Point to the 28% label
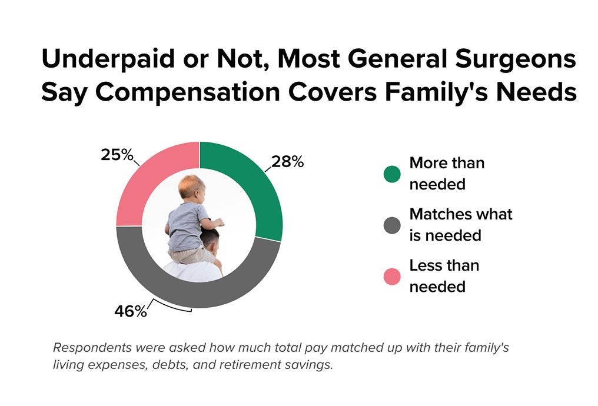(x=287, y=161)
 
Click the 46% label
(x=130, y=311)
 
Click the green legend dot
(x=391, y=174)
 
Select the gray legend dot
(x=391, y=225)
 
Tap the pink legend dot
(x=391, y=276)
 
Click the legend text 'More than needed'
(x=446, y=174)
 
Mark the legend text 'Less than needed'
(x=444, y=275)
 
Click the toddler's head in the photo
(x=191, y=187)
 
